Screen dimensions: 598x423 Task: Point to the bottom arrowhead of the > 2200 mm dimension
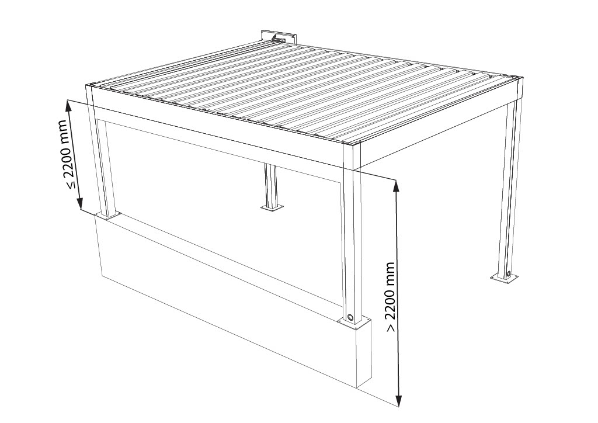click(399, 400)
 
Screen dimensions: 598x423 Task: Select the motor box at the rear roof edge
click(279, 37)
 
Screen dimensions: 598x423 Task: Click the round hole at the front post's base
click(350, 317)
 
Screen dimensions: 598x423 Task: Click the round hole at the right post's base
click(509, 274)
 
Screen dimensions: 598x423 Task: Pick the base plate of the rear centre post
click(272, 208)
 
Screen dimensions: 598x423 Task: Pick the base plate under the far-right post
click(505, 278)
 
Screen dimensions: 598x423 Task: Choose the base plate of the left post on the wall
click(108, 216)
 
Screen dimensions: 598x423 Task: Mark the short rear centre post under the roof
click(270, 186)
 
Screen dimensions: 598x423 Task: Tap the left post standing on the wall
click(100, 152)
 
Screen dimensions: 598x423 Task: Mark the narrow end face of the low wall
click(364, 353)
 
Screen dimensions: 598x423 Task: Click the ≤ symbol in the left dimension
click(71, 185)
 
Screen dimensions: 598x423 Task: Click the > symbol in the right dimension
click(391, 328)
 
